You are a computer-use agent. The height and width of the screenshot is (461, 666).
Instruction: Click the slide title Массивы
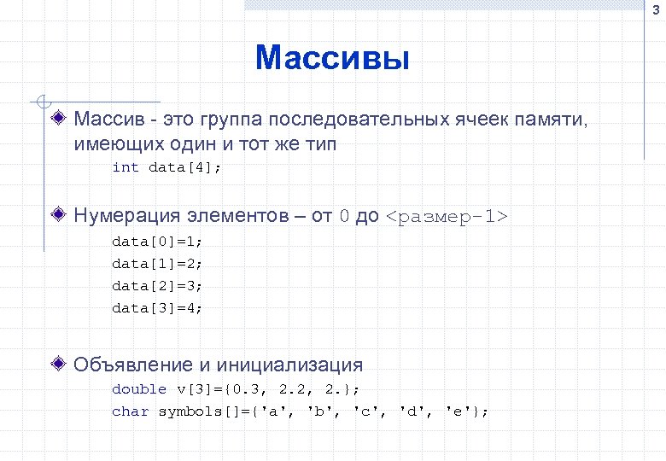coord(332,58)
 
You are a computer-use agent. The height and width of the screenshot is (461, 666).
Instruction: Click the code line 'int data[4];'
coord(166,167)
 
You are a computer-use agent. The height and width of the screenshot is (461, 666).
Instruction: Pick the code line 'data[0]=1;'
coord(158,241)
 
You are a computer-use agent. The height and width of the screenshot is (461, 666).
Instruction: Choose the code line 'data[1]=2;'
coord(158,263)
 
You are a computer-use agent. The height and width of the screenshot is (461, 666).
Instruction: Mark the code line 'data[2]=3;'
coord(158,285)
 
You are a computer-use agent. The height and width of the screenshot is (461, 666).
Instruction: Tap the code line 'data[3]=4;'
coord(158,307)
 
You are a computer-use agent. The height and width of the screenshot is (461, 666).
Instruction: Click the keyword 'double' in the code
coord(139,389)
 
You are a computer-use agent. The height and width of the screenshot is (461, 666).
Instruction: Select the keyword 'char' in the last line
coord(130,411)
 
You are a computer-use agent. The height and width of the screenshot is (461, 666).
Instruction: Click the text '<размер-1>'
coord(447,216)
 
